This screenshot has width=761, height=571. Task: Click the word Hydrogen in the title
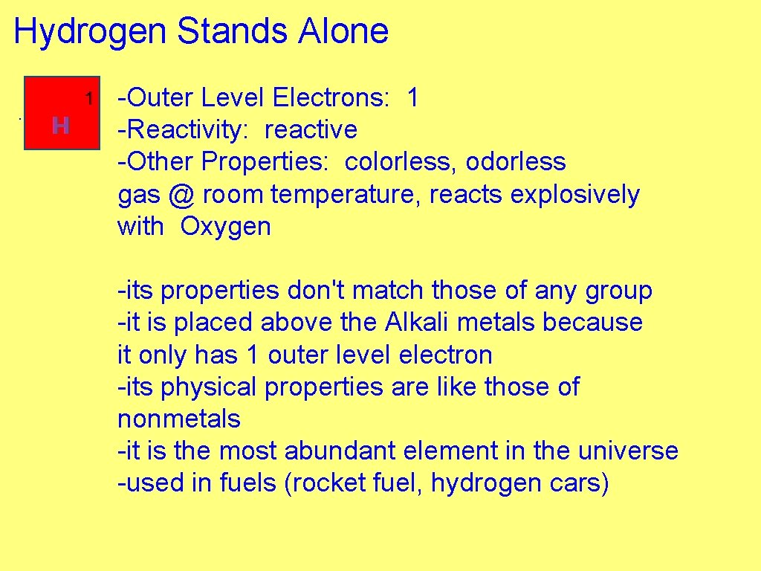(x=91, y=33)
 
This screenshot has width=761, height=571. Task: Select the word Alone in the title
(x=343, y=32)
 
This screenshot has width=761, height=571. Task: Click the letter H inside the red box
(x=61, y=126)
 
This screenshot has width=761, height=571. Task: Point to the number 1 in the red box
(x=88, y=98)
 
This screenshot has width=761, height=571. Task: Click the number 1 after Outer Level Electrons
(x=412, y=97)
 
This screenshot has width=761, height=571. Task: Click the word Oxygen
(x=225, y=227)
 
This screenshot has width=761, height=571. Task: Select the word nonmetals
(x=179, y=419)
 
